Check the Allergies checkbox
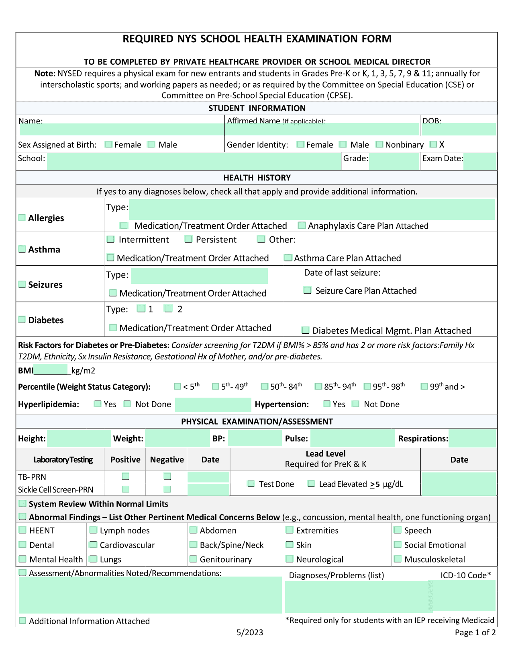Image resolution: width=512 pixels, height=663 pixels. point(22,218)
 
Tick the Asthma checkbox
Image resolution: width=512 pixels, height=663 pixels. point(22,249)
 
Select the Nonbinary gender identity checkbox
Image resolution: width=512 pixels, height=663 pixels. point(379,144)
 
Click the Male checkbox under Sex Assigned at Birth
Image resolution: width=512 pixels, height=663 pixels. point(151,144)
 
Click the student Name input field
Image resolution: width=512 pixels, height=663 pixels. point(121,129)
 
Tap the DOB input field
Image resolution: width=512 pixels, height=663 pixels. point(458,129)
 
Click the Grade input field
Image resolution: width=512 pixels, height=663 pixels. point(394,162)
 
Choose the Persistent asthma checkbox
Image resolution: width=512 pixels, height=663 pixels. point(188,239)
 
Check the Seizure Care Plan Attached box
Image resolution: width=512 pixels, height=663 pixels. point(307,290)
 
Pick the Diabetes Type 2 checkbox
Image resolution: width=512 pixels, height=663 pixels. point(169,308)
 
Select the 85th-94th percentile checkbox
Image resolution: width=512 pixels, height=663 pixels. point(318,386)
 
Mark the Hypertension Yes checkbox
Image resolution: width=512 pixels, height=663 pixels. point(327,404)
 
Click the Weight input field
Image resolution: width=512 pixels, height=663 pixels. point(177,439)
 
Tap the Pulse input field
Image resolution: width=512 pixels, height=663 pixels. point(353,439)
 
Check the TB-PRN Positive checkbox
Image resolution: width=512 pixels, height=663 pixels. point(126,476)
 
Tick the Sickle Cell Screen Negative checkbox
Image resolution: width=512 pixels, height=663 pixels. point(167,489)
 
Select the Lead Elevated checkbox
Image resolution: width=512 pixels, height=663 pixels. point(311,484)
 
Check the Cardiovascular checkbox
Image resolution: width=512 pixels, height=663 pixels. point(93,545)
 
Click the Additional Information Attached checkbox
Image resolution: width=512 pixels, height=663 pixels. point(23,621)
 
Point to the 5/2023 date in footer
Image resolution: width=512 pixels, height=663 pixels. point(250,632)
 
